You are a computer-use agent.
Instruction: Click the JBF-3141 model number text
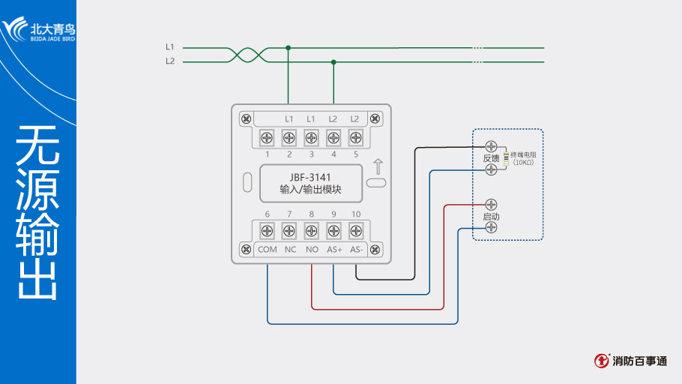(x=311, y=177)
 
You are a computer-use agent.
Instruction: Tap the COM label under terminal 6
(x=268, y=249)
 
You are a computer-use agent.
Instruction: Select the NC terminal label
(x=290, y=249)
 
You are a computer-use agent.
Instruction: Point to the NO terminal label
(x=312, y=249)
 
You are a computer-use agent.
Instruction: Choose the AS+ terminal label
(x=334, y=249)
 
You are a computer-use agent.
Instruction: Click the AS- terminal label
(x=356, y=249)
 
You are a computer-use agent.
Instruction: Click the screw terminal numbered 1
(x=267, y=138)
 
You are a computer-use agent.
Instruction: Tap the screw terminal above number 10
(x=356, y=232)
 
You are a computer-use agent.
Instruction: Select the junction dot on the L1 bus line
(x=289, y=48)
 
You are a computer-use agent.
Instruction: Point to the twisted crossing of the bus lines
(x=246, y=55)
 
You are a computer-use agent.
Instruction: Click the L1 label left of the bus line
(x=170, y=47)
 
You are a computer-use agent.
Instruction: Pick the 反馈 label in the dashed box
(x=491, y=158)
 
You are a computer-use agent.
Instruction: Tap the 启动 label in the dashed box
(x=491, y=216)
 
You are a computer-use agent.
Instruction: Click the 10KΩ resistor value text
(x=523, y=162)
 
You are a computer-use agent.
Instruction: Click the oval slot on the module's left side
(x=247, y=182)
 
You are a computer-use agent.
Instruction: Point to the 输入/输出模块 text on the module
(x=311, y=190)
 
